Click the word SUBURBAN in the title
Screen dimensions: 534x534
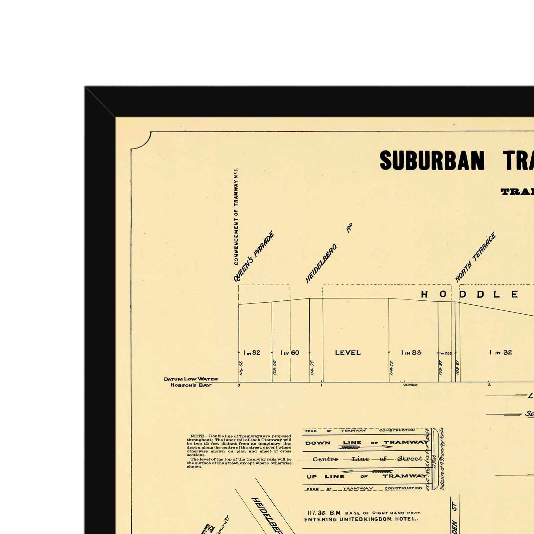click(x=432, y=161)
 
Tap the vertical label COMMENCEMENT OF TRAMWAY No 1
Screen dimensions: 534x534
click(x=236, y=216)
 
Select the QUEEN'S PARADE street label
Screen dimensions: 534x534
click(x=254, y=256)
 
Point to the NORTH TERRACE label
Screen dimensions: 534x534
click(x=476, y=257)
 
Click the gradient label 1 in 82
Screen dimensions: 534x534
click(x=252, y=353)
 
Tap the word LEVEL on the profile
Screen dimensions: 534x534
click(x=348, y=352)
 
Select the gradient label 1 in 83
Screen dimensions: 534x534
click(x=411, y=352)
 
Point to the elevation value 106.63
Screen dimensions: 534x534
click(x=241, y=368)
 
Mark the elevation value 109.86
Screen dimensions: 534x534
click(x=274, y=367)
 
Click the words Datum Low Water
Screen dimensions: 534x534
click(x=191, y=379)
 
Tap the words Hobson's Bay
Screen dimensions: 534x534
click(x=191, y=385)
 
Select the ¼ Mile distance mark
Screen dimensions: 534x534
click(x=410, y=385)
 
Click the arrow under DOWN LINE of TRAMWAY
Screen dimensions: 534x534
click(x=367, y=447)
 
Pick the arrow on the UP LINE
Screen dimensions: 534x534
click(x=367, y=472)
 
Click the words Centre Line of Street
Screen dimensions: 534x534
click(x=367, y=459)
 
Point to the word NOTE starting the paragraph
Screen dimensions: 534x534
click(x=197, y=436)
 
